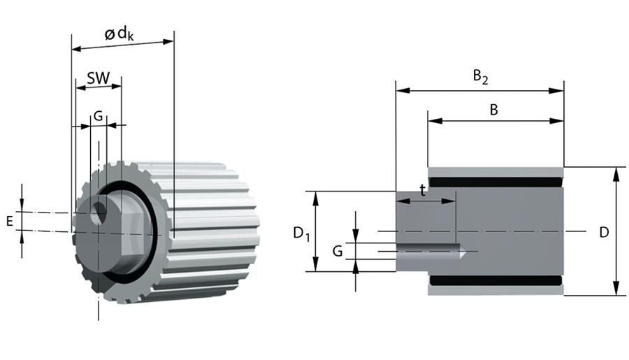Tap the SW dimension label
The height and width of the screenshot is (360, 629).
tap(98, 78)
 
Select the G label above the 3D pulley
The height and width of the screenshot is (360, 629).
tap(99, 116)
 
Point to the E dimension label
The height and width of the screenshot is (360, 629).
tap(9, 222)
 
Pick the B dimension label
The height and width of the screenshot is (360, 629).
tap(493, 110)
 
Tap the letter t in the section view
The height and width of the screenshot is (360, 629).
tap(422, 189)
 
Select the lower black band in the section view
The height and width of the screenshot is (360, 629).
tap(496, 280)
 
